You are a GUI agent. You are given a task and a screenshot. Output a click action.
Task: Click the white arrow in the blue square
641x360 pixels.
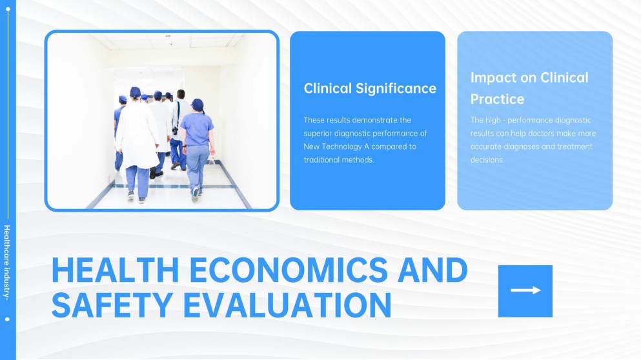click(525, 290)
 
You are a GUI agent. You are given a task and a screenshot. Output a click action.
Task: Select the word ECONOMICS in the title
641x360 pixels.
click(289, 270)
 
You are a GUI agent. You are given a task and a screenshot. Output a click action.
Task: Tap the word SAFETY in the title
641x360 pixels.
click(112, 305)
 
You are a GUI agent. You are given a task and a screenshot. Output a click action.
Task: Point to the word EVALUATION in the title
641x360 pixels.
click(287, 305)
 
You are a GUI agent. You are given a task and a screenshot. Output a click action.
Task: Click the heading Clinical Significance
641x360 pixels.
click(370, 88)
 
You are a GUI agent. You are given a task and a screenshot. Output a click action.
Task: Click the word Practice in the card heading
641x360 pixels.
click(497, 99)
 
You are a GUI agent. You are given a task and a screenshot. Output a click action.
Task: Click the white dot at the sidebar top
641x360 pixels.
click(8, 9)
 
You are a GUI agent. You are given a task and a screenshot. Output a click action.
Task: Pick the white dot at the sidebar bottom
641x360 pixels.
click(7, 319)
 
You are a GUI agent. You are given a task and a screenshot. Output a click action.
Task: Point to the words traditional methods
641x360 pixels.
click(339, 160)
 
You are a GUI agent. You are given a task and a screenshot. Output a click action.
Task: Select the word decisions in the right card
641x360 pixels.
click(487, 160)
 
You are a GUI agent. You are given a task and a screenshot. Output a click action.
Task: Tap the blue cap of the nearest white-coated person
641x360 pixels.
click(135, 92)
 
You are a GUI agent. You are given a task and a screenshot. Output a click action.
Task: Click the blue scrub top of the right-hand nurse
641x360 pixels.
click(197, 129)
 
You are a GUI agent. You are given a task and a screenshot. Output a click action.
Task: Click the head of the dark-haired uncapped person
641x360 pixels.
click(181, 94)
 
